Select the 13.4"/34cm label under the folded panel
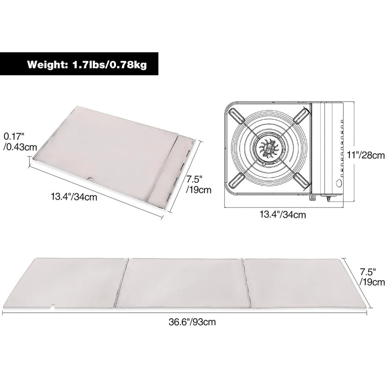tap(74, 197)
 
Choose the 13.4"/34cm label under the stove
tap(283, 214)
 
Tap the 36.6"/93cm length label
tap(192, 322)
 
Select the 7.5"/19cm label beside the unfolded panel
tap(372, 277)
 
